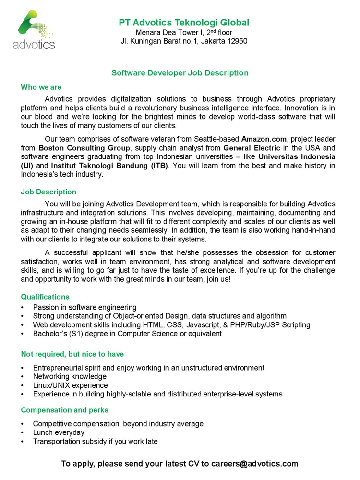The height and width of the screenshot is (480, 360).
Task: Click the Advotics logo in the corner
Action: pos(34,31)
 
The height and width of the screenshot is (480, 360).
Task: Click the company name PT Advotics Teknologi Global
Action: pos(184,22)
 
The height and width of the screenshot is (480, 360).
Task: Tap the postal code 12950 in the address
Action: pos(236,41)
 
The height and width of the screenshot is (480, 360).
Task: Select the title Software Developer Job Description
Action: pos(180,73)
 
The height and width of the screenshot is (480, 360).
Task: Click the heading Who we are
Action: pos(41,87)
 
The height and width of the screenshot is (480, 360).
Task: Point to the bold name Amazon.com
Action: pos(264,139)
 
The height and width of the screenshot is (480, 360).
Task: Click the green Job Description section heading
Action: pos(48,192)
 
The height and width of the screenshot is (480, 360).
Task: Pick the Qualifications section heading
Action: pos(45,297)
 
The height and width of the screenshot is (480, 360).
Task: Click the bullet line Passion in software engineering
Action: pos(84,307)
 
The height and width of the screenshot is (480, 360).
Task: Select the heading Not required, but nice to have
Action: pos(72,354)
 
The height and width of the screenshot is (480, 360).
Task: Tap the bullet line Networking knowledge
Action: pos(70,376)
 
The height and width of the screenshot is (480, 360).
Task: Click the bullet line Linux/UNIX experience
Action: pos(70,385)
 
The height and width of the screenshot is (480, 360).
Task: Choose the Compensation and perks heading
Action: pos(65,410)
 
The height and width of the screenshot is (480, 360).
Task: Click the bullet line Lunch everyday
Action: pos(58,432)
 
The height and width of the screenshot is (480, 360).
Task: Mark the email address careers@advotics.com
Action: pos(254,464)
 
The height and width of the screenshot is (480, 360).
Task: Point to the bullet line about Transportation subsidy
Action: pos(95,442)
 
